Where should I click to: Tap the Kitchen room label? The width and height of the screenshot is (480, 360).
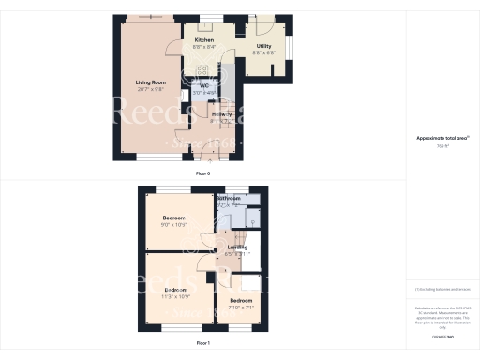click(203, 41)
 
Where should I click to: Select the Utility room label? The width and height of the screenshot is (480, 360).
click(263, 46)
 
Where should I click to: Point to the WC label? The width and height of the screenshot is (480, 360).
click(203, 85)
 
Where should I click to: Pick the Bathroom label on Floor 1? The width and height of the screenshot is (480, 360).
click(229, 199)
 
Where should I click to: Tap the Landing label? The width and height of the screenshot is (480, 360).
click(237, 247)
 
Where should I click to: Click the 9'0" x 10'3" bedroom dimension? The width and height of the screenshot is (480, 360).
click(174, 225)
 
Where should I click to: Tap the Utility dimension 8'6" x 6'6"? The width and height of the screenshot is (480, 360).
click(263, 53)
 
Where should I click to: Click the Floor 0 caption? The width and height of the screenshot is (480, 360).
click(203, 174)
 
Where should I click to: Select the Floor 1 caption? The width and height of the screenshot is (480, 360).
click(203, 343)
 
